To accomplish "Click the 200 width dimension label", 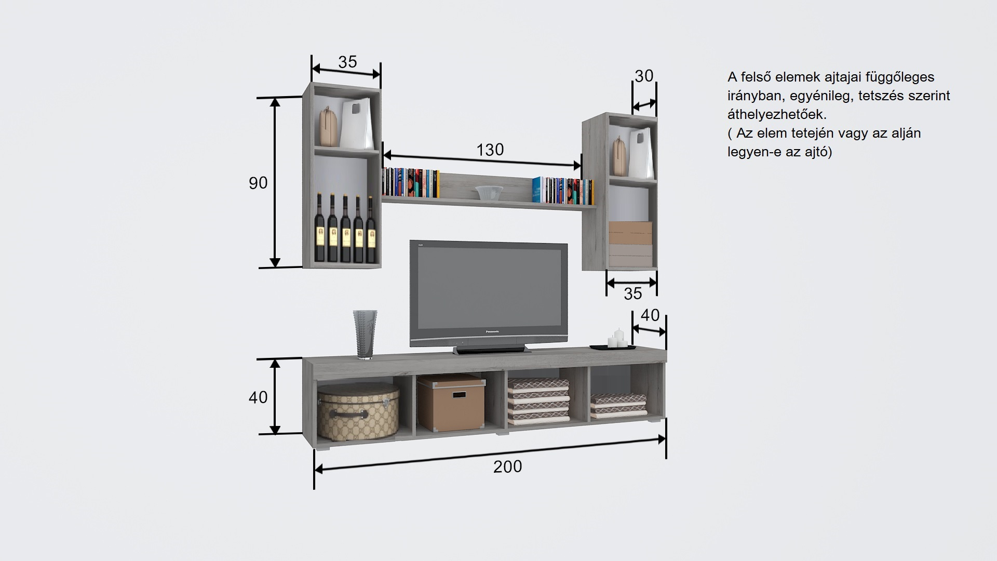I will [507, 466].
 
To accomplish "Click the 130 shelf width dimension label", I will [490, 150].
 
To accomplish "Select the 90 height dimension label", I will [258, 183].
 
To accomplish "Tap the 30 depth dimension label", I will [644, 76].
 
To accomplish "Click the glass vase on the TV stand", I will [365, 334].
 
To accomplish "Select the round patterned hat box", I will [358, 410].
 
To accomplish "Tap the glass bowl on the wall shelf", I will [489, 192].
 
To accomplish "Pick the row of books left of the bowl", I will [410, 183].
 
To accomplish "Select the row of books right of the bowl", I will [563, 191].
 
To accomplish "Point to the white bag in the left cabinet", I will [357, 124].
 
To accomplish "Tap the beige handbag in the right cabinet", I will [618, 156].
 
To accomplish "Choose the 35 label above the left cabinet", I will [347, 62].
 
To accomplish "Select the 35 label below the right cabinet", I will [632, 294].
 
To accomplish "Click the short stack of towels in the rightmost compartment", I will [618, 405].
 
